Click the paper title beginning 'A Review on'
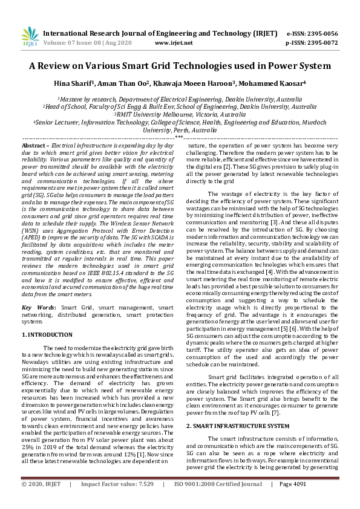point(180,66)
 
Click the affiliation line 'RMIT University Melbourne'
point(180,114)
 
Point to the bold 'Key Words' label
point(37,308)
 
